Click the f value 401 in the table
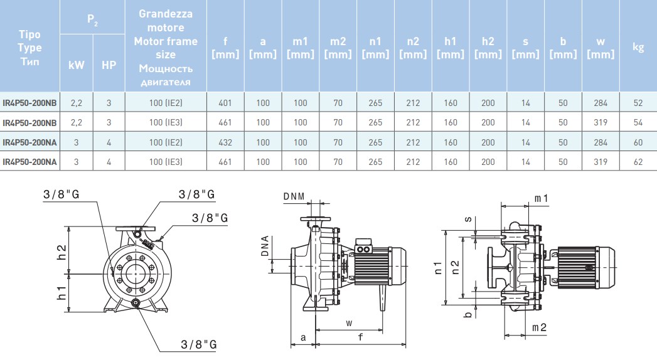click(x=225, y=103)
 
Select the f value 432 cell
click(x=225, y=142)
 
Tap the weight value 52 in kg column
click(x=638, y=103)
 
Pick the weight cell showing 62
click(x=638, y=162)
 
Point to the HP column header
click(x=109, y=65)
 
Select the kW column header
click(x=76, y=65)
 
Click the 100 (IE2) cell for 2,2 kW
click(x=166, y=103)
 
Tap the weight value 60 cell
click(x=638, y=142)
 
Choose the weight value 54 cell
click(x=638, y=122)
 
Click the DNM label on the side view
click(x=294, y=196)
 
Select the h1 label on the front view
click(x=62, y=292)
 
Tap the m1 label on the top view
click(x=541, y=198)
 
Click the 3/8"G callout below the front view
click(x=198, y=344)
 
